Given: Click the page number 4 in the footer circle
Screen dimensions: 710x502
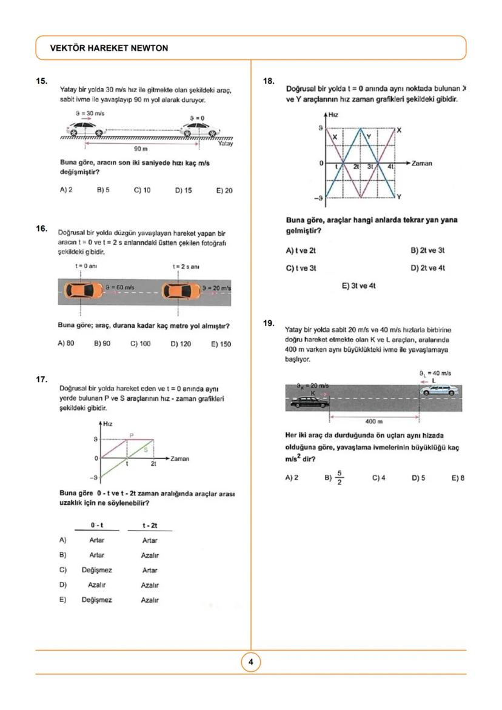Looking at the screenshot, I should (251, 662).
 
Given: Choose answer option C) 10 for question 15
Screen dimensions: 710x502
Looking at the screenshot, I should (142, 190).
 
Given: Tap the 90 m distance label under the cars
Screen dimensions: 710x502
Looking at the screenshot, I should (141, 148).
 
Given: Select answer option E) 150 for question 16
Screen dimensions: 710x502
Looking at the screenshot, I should (221, 344).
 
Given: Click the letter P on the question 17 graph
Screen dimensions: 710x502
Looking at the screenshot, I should (132, 435).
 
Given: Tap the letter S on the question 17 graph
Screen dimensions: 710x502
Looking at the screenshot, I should (146, 449).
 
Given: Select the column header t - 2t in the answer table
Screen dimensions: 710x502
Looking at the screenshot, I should (149, 524).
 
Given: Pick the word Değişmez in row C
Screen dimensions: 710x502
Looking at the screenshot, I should (97, 570).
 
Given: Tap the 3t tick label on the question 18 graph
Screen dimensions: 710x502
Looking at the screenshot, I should (371, 166).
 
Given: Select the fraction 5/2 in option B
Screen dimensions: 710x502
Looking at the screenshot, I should (340, 478).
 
